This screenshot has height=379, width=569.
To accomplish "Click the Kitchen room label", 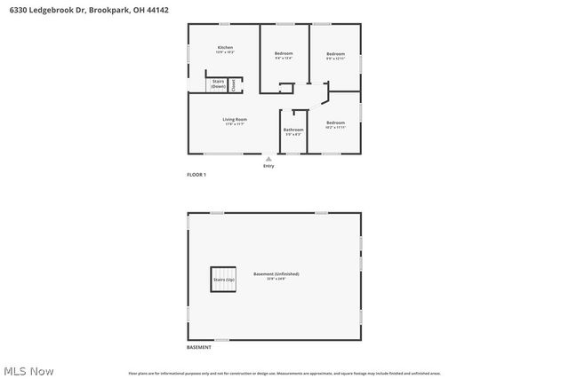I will [226, 47].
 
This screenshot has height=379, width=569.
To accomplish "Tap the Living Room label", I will [235, 119].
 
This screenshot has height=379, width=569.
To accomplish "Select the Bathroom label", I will [293, 130].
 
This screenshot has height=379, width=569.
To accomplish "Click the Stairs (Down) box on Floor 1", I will [218, 84].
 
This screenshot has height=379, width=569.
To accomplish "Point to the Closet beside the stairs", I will [233, 85].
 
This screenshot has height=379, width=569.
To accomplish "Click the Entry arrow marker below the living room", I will [268, 158].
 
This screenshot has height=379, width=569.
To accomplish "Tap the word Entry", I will [268, 166].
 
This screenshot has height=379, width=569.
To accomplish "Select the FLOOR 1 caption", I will [196, 175].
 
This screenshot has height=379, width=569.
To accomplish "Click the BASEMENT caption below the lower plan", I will [199, 347].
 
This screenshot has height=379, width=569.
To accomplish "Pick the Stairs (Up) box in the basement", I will [224, 280].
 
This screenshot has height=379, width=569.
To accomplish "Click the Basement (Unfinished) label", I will [275, 273].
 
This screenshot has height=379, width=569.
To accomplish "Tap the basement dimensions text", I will [275, 279].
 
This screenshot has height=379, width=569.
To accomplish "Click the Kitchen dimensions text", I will [226, 52].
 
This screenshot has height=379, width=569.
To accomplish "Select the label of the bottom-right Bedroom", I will [334, 122].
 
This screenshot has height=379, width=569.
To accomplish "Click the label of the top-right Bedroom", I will [334, 54].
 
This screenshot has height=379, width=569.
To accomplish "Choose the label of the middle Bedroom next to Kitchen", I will [284, 54].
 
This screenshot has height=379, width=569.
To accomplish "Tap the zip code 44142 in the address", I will [157, 9].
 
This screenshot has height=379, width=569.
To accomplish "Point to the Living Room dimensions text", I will [235, 124].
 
